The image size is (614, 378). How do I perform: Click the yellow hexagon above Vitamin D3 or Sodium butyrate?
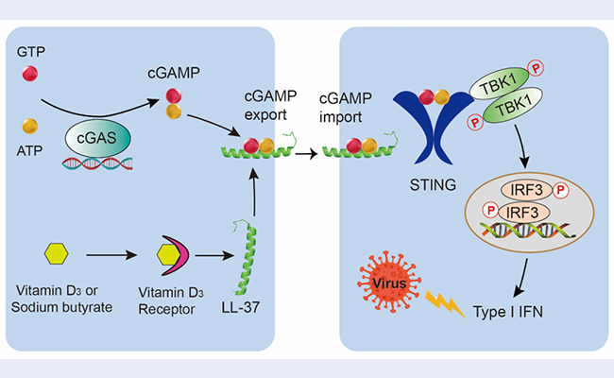coord(56,255)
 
